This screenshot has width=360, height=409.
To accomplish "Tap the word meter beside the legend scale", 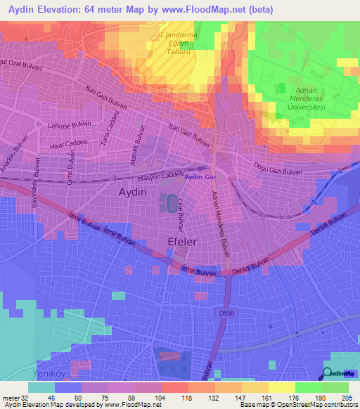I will [10, 397].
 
